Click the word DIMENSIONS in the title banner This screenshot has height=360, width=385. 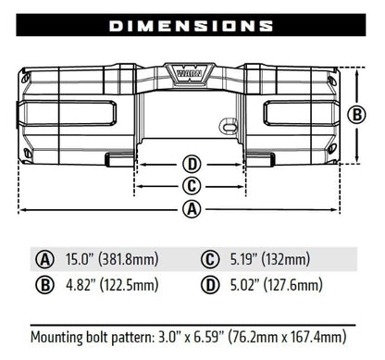click(192, 26)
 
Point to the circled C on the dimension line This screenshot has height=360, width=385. click(192, 186)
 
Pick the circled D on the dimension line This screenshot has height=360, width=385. click(192, 165)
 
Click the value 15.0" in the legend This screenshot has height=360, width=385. click(81, 259)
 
